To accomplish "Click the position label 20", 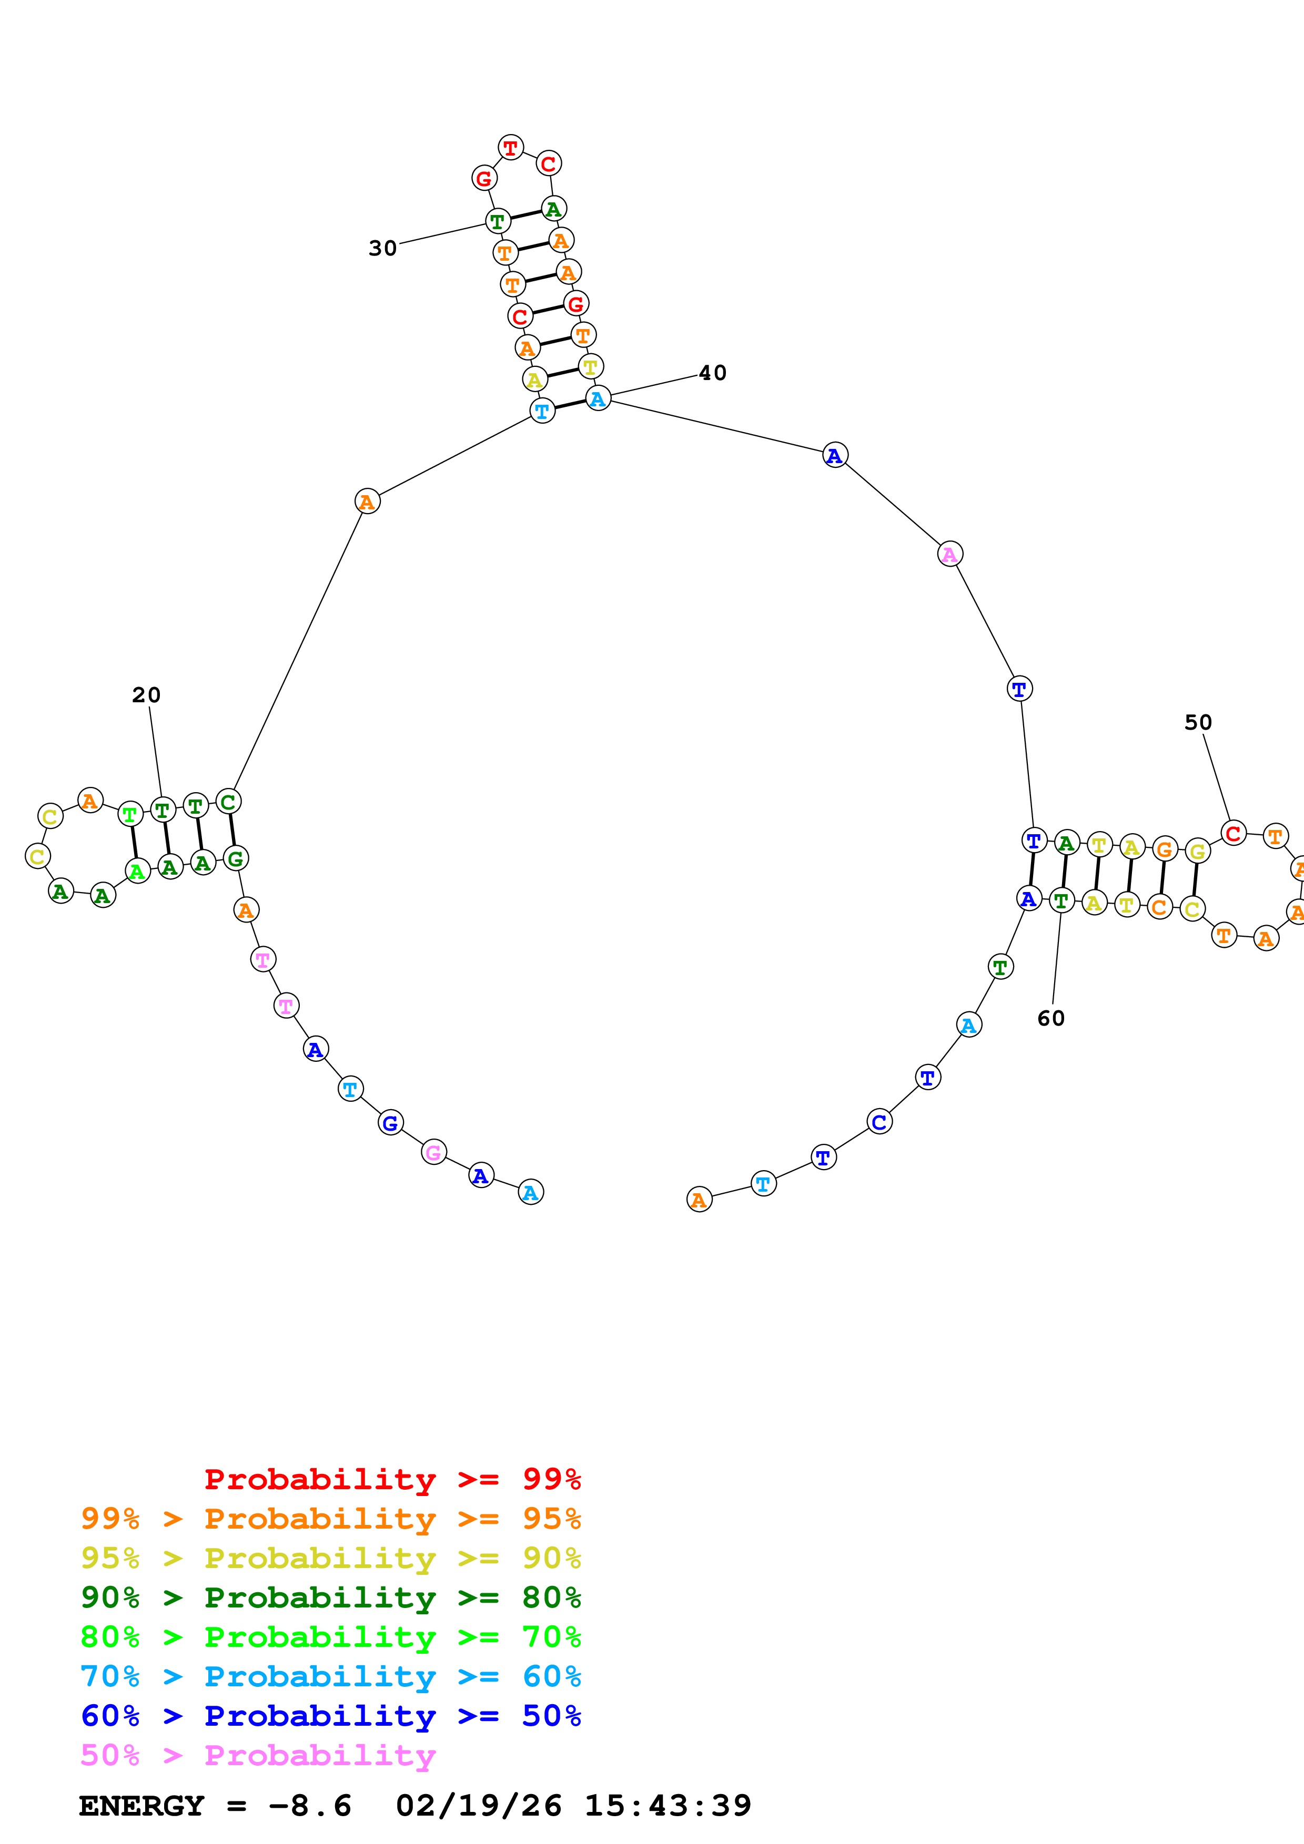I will (146, 695).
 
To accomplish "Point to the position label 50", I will (1197, 722).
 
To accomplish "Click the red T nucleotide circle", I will (510, 148).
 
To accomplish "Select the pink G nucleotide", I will (434, 1152).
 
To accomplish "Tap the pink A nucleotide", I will (949, 554).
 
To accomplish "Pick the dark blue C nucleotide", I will (880, 1122).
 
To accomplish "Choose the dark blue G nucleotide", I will (390, 1123).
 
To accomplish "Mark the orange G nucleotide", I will (1164, 849).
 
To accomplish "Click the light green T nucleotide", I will (130, 814).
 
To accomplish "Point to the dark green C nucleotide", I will (228, 802).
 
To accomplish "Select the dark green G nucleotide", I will (236, 858).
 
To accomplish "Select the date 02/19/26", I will (478, 1806).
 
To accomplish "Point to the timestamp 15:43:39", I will (667, 1806).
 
